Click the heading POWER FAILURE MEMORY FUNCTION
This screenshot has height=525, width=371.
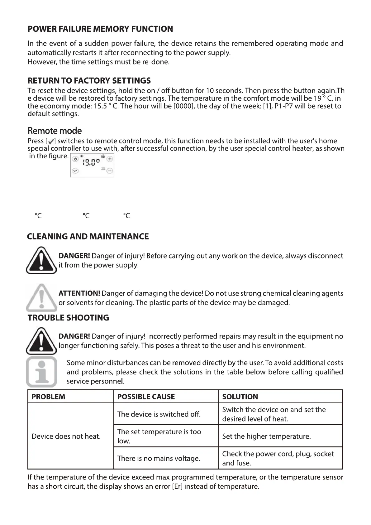coord(100,29)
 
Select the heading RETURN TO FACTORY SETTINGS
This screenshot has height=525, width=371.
coord(89,81)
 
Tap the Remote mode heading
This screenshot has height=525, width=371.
coord(55,131)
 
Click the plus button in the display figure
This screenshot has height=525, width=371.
coord(110,159)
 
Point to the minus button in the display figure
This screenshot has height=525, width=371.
coord(110,171)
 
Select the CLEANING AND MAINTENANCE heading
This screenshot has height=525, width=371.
coord(88,236)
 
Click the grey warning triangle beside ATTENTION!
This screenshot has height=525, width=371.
coord(41,297)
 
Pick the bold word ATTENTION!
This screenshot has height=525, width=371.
coord(79,293)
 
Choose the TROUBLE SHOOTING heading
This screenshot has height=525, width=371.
coord(68,318)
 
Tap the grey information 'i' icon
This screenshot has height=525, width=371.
coord(41,372)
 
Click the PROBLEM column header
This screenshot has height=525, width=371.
coord(48,397)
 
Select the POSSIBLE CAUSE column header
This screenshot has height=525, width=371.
coord(146,397)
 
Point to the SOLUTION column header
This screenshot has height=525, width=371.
coord(240,397)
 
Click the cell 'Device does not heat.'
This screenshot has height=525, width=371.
coord(66,436)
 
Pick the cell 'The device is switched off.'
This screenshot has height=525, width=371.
coord(159,414)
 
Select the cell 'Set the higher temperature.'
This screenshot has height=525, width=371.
coord(266,436)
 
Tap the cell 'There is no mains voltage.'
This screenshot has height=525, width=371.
coord(159,458)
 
